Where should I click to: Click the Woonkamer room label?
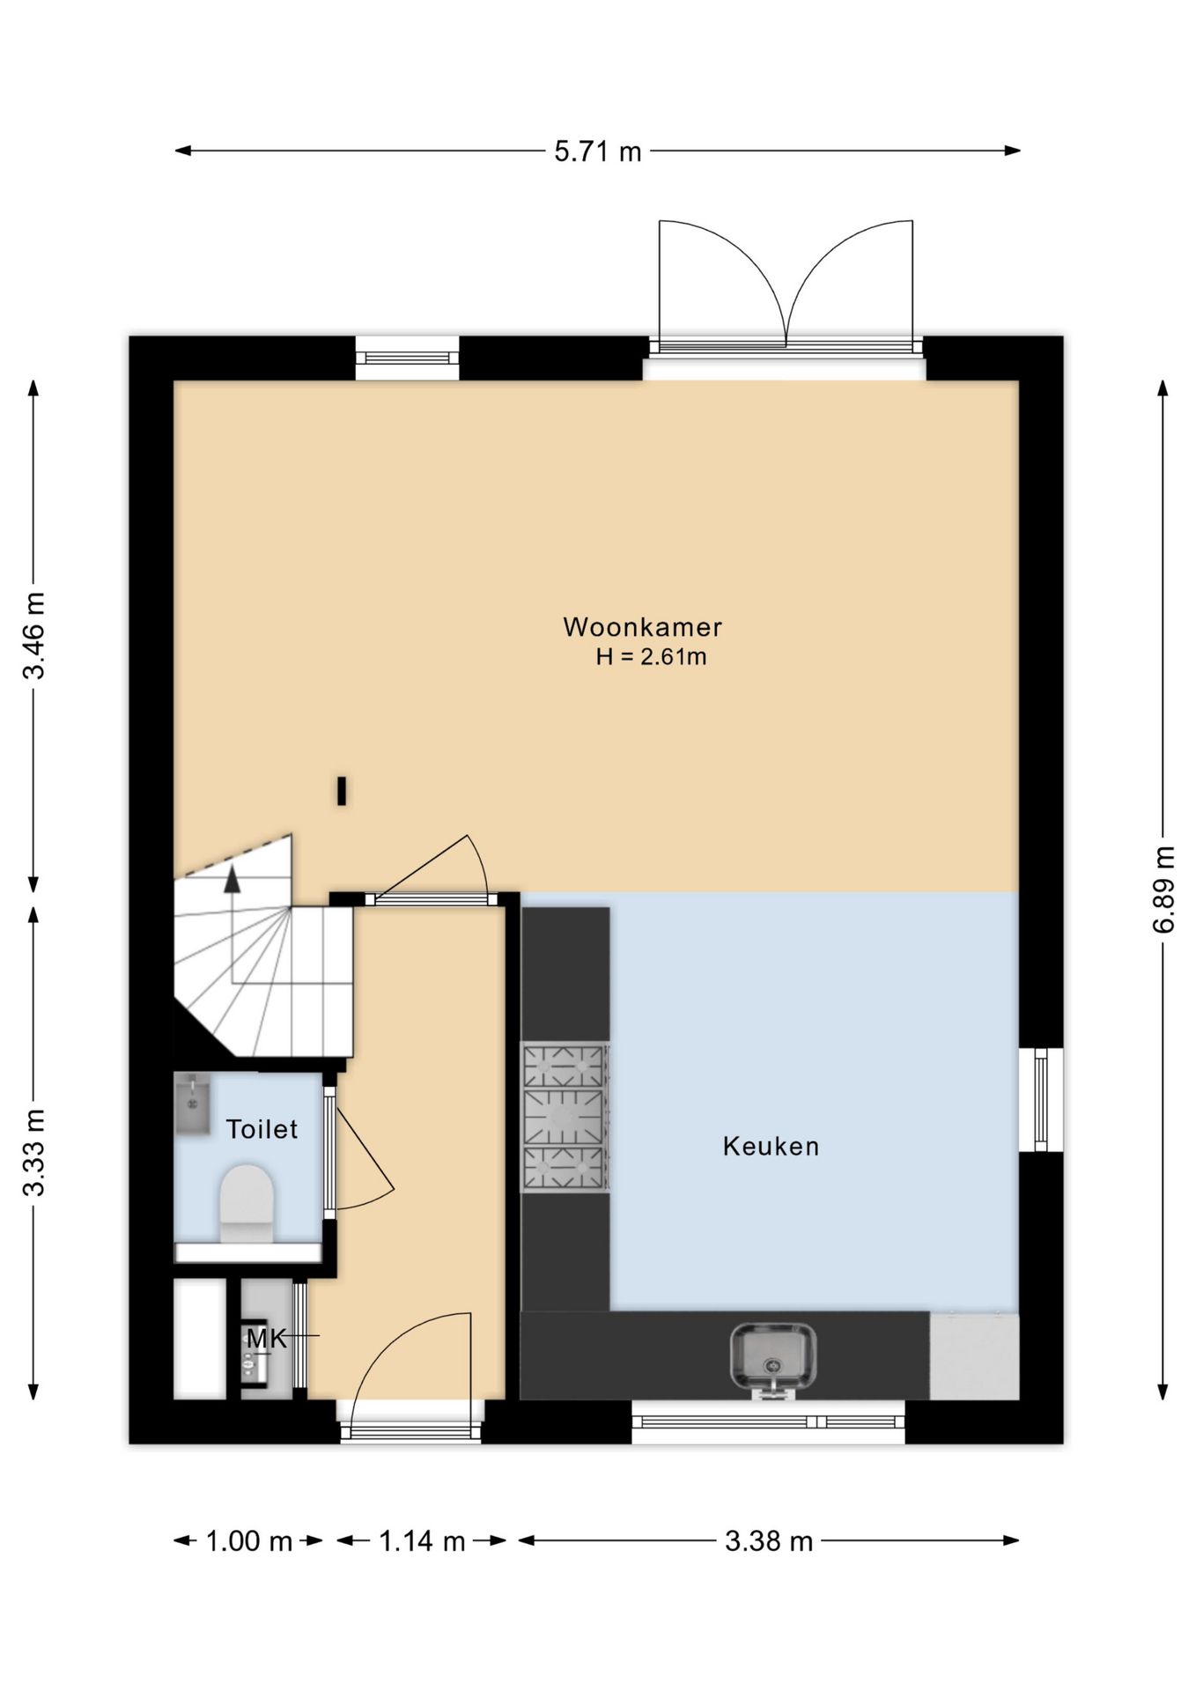[x=642, y=627]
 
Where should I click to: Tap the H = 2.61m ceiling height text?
[x=651, y=657]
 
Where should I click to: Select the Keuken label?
[x=771, y=1146]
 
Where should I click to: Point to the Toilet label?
[x=262, y=1129]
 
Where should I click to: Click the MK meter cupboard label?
[x=267, y=1339]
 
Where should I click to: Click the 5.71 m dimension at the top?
[x=598, y=151]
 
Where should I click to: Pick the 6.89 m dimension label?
[x=1163, y=889]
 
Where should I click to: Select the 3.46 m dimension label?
[x=33, y=636]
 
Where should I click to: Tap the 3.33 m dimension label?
[x=33, y=1152]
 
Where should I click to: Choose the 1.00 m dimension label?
[x=248, y=1541]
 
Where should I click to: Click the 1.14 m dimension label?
[x=422, y=1541]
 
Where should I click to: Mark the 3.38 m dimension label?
[x=769, y=1541]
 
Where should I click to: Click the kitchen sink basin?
[x=772, y=1357]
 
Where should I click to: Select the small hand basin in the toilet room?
[x=192, y=1103]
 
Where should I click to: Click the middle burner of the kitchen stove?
[x=564, y=1117]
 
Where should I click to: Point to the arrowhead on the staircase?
[x=233, y=879]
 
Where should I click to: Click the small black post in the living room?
[x=342, y=790]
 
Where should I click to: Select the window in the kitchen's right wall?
[x=1041, y=1099]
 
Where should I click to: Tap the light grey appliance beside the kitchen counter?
[x=974, y=1356]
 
